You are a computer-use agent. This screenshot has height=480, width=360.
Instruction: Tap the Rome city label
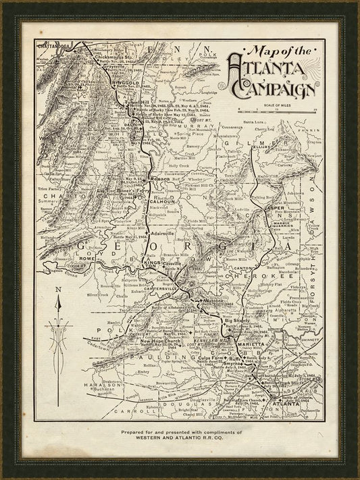(89, 259)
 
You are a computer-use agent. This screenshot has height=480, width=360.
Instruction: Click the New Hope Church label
(159, 341)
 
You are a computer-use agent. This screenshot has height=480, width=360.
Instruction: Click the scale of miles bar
(276, 109)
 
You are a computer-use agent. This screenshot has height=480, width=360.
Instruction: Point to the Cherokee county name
(262, 277)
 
